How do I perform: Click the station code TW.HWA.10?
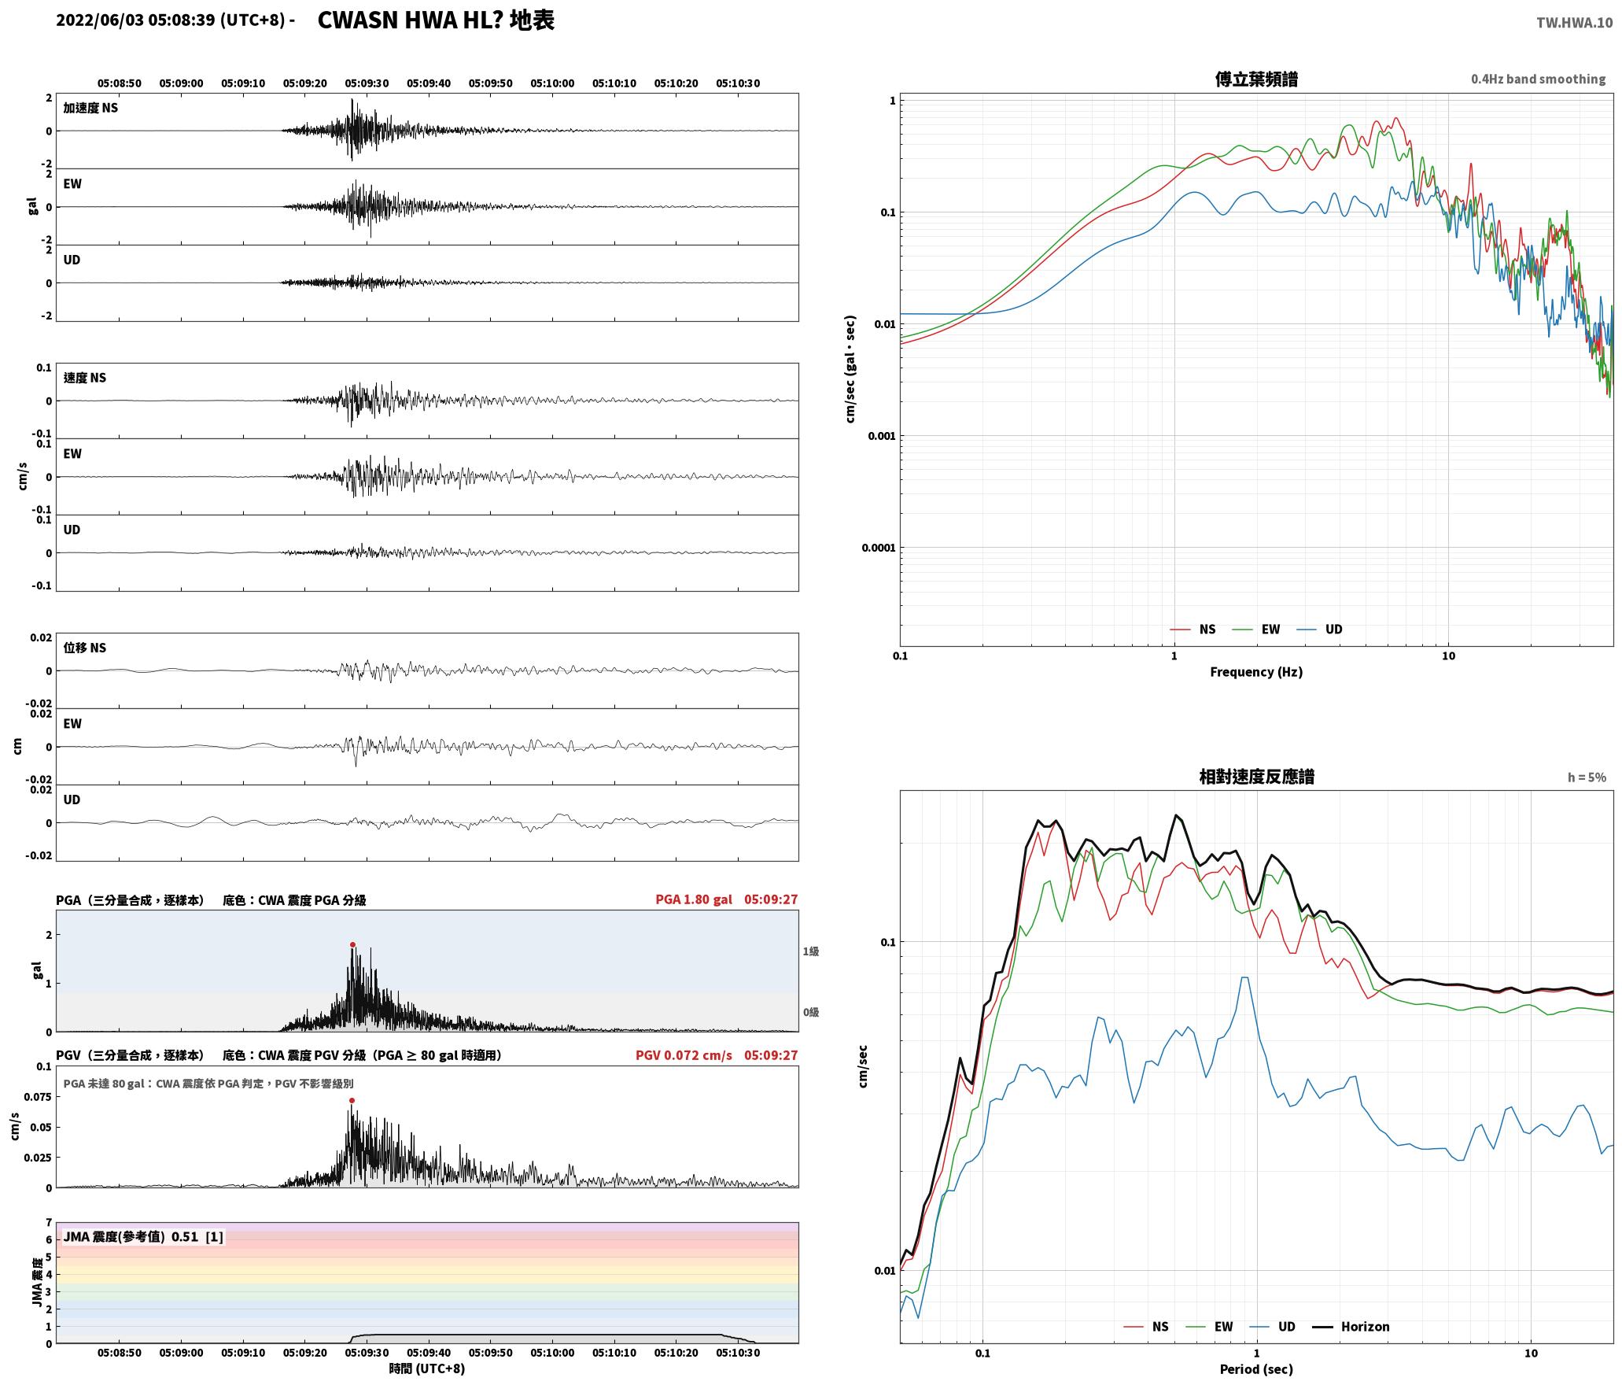click(x=1574, y=23)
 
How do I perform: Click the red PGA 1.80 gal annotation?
click(x=693, y=899)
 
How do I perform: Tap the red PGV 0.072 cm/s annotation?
click(x=684, y=1055)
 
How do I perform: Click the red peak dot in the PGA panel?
click(x=352, y=944)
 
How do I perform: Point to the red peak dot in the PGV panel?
click(x=352, y=1100)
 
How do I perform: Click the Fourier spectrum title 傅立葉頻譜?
click(x=1256, y=79)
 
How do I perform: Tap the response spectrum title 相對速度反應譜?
click(x=1256, y=777)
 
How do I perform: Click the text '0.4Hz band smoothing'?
click(x=1538, y=79)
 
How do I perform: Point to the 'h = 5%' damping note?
click(x=1587, y=777)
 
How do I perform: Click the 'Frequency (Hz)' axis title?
click(x=1256, y=672)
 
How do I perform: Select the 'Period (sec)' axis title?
click(x=1256, y=1369)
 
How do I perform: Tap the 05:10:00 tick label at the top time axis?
click(x=552, y=83)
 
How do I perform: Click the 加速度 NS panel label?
click(x=90, y=108)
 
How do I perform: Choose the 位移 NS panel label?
click(x=85, y=648)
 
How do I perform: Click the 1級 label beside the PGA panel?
click(x=811, y=951)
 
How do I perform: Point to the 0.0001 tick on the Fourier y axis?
click(x=878, y=548)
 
